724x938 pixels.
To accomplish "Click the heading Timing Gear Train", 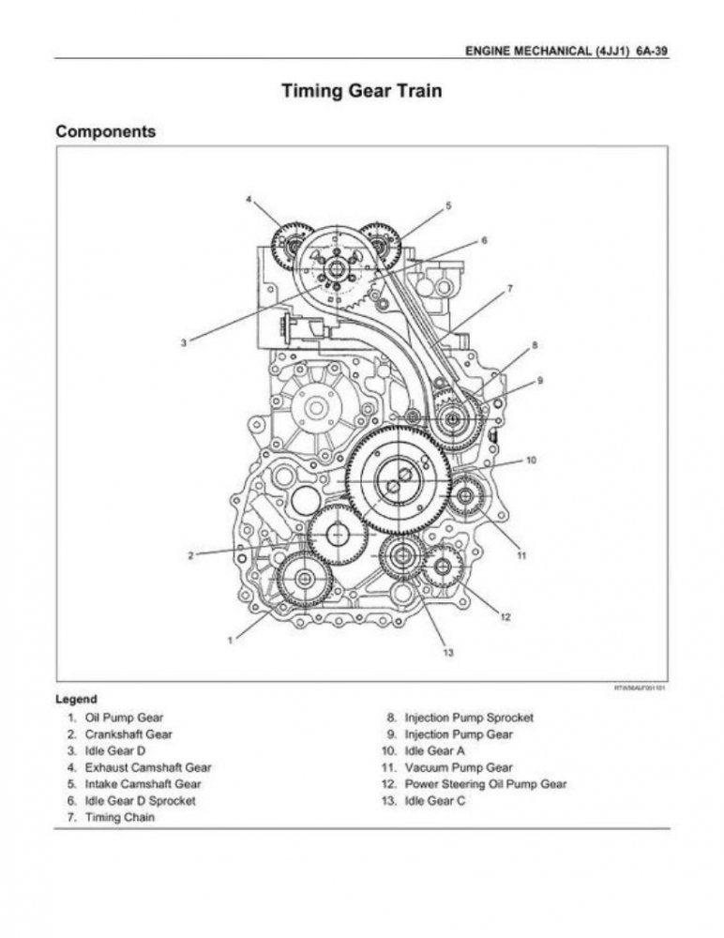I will pyautogui.click(x=362, y=92).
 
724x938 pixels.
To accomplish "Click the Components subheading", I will pyautogui.click(x=106, y=132).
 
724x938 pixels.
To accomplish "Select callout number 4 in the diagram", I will pyautogui.click(x=249, y=200).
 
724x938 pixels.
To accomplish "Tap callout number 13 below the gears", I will pyautogui.click(x=447, y=654).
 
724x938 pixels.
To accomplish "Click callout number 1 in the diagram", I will pyautogui.click(x=230, y=641).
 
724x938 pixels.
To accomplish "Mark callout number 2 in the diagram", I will pyautogui.click(x=190, y=555).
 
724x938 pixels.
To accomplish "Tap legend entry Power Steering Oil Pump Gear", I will pyautogui.click(x=485, y=784).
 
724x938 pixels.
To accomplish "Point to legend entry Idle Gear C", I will pyautogui.click(x=434, y=801).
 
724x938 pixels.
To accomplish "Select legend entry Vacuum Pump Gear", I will pyautogui.click(x=458, y=767).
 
